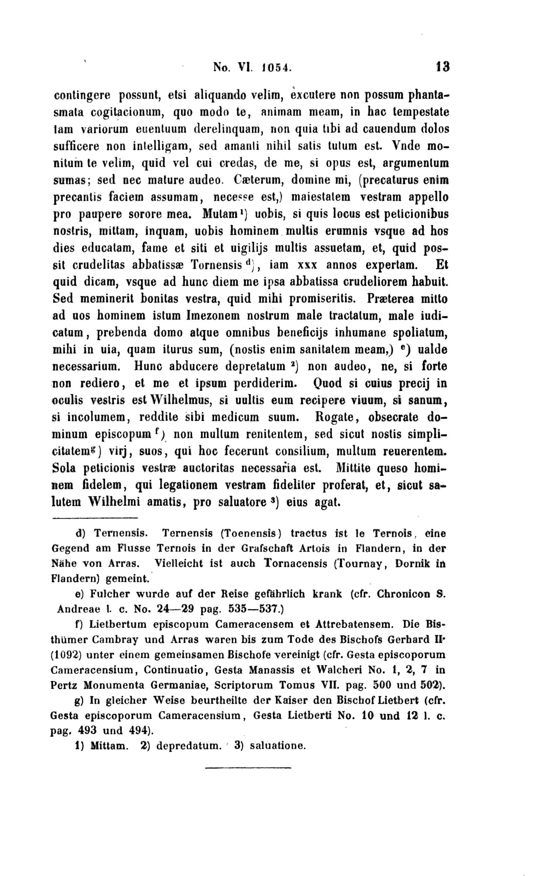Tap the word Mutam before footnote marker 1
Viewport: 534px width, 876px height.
click(220, 215)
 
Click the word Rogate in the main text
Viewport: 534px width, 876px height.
click(334, 417)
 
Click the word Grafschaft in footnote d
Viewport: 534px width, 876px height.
click(267, 548)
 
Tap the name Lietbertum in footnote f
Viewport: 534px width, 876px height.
click(118, 624)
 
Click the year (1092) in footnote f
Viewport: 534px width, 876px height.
click(67, 655)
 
